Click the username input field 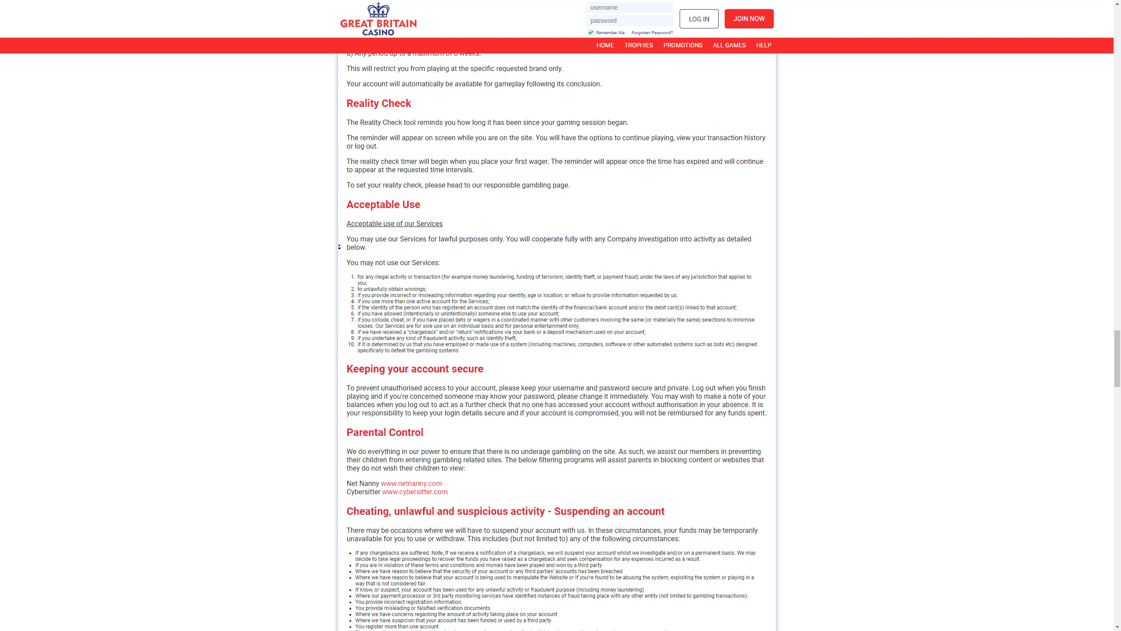(x=629, y=7)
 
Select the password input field (x=629, y=21)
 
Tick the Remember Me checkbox (x=591, y=32)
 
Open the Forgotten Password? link (x=652, y=33)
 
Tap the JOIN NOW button (x=749, y=19)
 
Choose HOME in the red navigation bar (x=605, y=46)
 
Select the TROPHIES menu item (x=638, y=46)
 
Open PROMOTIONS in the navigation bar (x=683, y=46)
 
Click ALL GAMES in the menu (x=729, y=46)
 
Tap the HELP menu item (x=763, y=46)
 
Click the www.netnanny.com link (x=411, y=483)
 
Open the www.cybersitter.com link (x=415, y=492)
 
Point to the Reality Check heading (x=379, y=103)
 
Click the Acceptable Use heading (x=383, y=205)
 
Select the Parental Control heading (x=384, y=432)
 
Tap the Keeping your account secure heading (x=415, y=369)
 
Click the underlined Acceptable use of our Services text (x=394, y=224)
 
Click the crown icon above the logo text (x=378, y=9)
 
